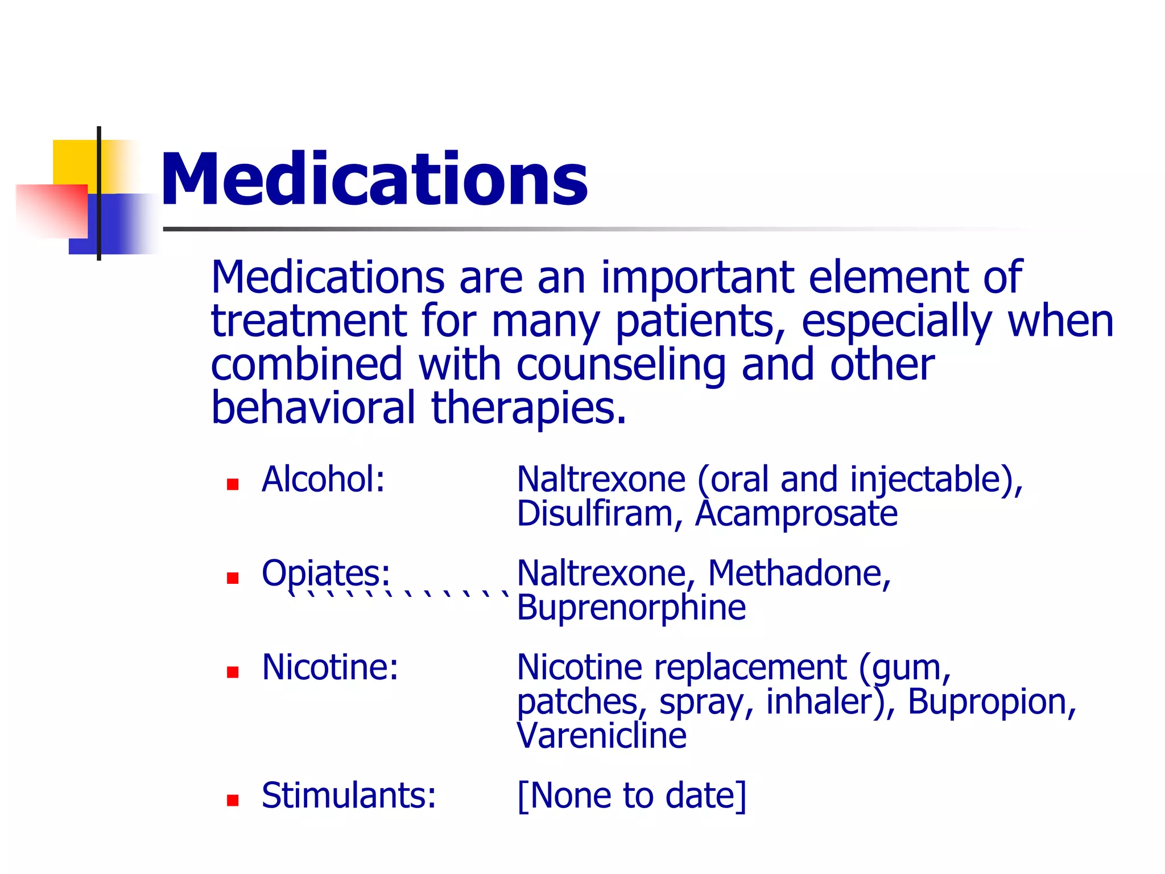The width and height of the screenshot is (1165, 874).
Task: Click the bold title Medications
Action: point(374,179)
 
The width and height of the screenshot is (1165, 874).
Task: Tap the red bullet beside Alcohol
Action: point(232,484)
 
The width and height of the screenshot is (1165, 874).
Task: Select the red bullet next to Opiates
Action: point(232,578)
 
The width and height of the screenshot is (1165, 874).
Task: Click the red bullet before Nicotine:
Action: point(232,673)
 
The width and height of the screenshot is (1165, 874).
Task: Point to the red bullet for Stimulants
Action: point(232,801)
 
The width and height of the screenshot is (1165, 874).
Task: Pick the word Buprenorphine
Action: point(631,608)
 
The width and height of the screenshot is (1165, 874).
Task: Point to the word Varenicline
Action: point(602,736)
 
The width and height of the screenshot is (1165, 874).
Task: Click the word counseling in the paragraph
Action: point(621,365)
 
